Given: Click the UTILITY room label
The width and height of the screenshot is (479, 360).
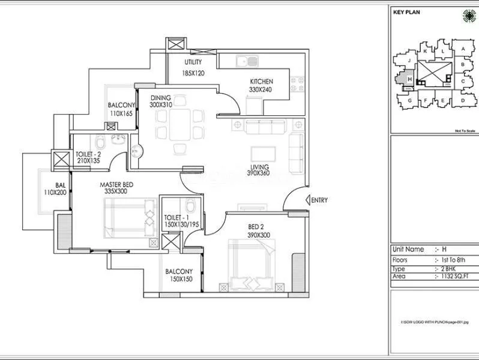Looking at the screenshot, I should point(193,62).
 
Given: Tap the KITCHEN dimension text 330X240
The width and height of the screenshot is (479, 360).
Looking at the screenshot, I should point(261,90).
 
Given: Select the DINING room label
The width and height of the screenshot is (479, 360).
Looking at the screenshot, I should point(161,97).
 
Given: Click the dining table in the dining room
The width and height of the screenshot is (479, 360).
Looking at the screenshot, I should point(178,126).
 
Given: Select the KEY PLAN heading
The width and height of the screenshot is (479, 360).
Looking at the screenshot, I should point(406,11).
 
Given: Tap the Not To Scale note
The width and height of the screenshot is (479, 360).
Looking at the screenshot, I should point(465,130).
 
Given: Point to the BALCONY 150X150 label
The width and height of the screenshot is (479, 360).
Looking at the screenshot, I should point(179,275).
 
